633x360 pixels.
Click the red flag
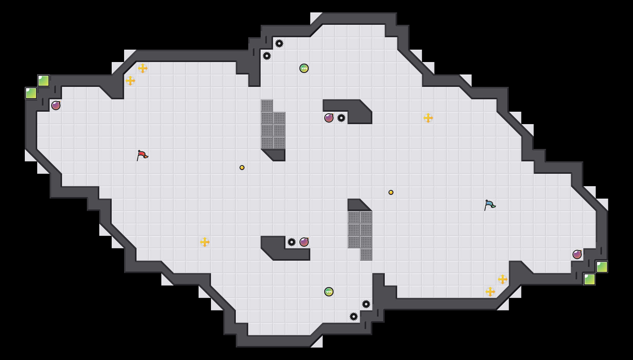click(142, 155)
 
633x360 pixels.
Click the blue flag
click(490, 205)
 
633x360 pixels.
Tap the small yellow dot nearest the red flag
click(242, 168)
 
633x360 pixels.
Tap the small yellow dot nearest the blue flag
click(391, 192)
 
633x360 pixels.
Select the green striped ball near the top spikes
click(304, 68)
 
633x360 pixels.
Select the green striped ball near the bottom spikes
click(329, 292)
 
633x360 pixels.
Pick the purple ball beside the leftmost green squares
click(56, 106)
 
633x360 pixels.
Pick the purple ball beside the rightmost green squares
click(577, 254)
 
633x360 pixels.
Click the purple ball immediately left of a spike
click(329, 118)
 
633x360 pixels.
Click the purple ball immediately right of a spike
click(304, 242)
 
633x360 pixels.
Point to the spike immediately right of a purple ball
click(341, 118)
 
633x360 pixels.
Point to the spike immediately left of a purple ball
click(292, 242)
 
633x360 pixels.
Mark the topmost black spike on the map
click(279, 43)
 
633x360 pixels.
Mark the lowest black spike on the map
click(354, 317)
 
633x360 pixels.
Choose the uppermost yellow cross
click(143, 68)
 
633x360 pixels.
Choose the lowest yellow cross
click(490, 292)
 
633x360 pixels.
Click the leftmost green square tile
click(31, 93)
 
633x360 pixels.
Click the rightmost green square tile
click(602, 267)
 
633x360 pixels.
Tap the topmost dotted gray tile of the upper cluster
click(267, 106)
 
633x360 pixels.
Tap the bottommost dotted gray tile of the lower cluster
click(366, 254)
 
